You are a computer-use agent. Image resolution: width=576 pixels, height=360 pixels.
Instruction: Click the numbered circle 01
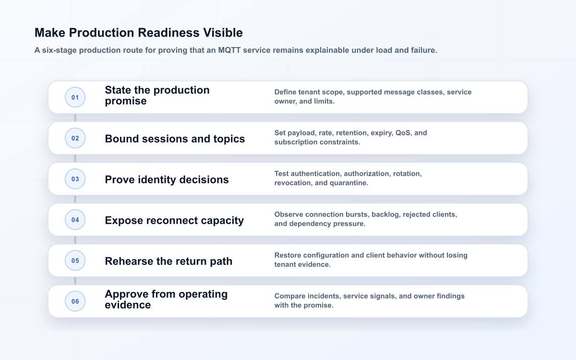click(75, 97)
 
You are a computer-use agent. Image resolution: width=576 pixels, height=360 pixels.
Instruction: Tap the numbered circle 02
click(75, 138)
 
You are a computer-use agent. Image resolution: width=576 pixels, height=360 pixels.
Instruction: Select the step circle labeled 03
click(75, 179)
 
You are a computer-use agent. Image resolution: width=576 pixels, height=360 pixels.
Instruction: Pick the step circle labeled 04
click(75, 220)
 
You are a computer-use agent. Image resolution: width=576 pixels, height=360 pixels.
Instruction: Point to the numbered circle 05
click(75, 261)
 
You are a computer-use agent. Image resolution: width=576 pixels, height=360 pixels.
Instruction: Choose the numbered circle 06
click(75, 301)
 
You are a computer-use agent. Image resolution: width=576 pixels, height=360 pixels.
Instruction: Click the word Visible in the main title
click(223, 33)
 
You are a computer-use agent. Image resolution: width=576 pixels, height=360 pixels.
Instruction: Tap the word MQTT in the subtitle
click(229, 50)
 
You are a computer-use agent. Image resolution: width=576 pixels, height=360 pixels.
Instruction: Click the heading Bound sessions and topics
click(175, 139)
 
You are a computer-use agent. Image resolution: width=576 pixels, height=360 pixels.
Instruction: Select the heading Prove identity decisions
click(167, 180)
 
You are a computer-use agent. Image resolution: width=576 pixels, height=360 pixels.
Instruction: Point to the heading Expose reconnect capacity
click(174, 221)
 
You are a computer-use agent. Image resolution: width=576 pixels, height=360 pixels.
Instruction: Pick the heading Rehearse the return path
click(168, 261)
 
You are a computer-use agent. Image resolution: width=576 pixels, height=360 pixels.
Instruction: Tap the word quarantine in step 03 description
click(349, 183)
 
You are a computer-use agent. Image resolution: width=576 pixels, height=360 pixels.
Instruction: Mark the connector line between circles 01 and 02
click(75, 118)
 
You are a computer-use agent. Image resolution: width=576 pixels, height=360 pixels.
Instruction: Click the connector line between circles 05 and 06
click(75, 281)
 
